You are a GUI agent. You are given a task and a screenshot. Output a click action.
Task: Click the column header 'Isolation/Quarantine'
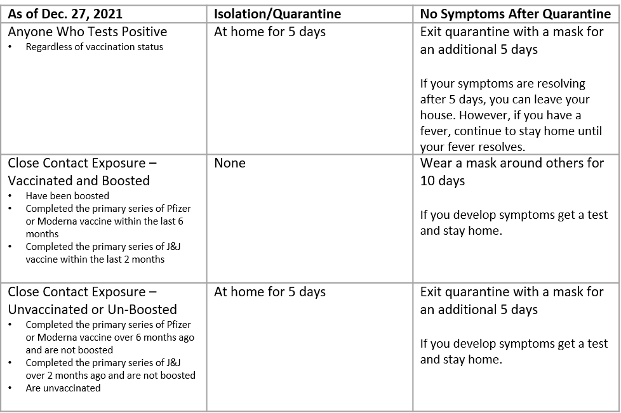[277, 14]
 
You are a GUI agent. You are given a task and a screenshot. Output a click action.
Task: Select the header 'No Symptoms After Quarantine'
[515, 14]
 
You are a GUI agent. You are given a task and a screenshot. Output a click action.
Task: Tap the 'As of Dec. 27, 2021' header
[65, 14]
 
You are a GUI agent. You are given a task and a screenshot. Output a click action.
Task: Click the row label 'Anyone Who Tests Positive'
[87, 32]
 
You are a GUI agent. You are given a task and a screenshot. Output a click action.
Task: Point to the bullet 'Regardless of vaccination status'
[94, 47]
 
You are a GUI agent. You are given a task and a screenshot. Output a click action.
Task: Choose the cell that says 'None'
[230, 163]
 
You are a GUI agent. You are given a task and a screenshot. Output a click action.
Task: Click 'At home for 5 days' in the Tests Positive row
[270, 32]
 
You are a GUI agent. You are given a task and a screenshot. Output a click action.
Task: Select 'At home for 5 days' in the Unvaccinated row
[270, 292]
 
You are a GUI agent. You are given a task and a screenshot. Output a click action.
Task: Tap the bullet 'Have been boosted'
[67, 196]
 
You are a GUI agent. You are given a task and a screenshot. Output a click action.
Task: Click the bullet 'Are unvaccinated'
[63, 388]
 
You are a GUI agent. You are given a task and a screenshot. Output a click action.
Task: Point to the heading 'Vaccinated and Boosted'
[79, 181]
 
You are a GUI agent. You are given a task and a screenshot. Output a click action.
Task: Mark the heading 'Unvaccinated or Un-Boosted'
[93, 310]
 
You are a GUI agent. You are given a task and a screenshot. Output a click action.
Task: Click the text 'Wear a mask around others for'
[512, 163]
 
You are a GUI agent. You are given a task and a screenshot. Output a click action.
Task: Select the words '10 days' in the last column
[443, 181]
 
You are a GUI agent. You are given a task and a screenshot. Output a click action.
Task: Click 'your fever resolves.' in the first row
[472, 147]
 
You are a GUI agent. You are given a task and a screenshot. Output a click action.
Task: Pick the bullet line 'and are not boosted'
[69, 350]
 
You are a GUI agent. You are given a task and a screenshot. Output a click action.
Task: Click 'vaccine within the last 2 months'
[95, 259]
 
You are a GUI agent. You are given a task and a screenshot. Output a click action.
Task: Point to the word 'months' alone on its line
[42, 233]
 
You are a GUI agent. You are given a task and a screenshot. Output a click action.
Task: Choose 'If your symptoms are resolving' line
[502, 84]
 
